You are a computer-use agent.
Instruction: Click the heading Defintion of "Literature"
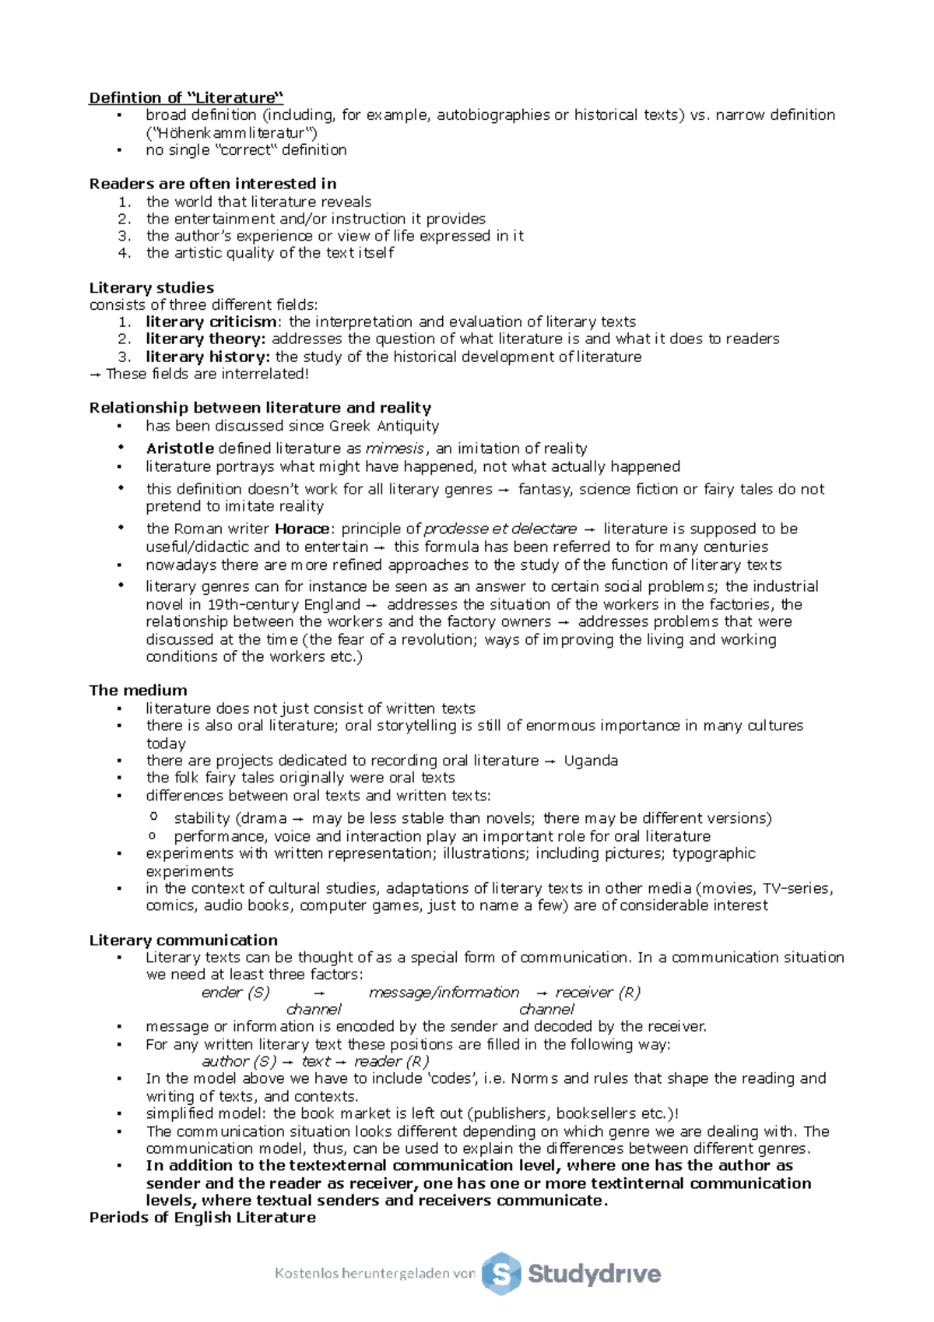point(186,97)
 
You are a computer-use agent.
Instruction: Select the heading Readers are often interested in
point(212,184)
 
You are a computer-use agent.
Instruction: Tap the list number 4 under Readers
point(125,253)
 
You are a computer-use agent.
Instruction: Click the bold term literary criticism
point(211,322)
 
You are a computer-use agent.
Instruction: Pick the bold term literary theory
point(205,339)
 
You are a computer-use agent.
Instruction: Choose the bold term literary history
point(208,357)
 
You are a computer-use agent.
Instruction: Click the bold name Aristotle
point(180,448)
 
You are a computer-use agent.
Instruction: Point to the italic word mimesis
point(395,448)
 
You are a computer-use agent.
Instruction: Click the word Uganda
point(591,761)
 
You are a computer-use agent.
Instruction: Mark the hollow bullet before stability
point(153,817)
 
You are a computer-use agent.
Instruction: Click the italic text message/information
point(444,993)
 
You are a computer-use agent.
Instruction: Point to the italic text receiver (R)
point(598,993)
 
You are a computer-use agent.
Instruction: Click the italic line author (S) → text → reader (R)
point(315,1061)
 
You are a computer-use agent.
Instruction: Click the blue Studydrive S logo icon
point(500,1274)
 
